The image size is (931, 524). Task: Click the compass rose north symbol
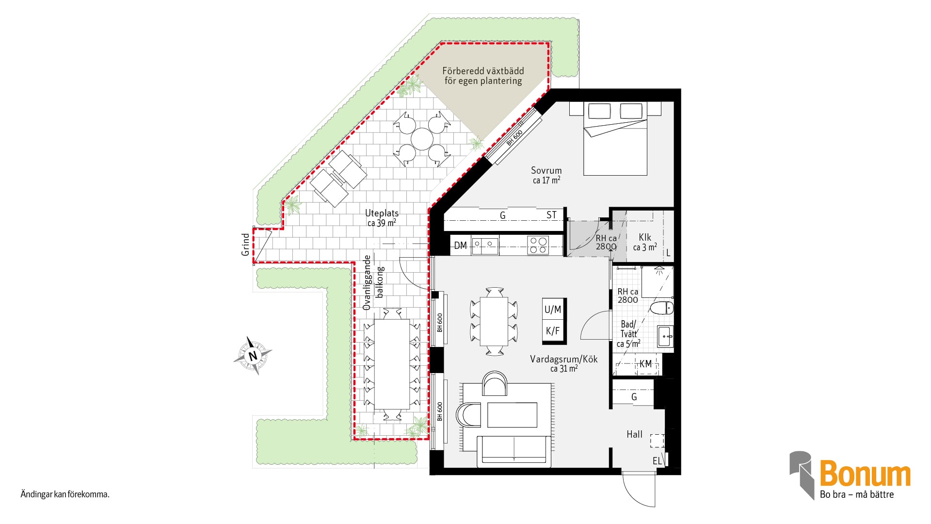tap(253, 356)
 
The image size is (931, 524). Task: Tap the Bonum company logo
tap(850, 475)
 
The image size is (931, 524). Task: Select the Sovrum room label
tap(546, 170)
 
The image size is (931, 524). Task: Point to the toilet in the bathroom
tap(661, 308)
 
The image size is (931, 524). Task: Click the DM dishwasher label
tap(460, 246)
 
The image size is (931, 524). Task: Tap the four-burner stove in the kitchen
tap(538, 245)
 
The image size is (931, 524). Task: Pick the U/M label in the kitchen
tap(553, 310)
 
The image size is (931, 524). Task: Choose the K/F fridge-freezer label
tap(553, 331)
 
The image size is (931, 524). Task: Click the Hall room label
tap(634, 434)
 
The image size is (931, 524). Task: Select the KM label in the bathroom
tap(645, 364)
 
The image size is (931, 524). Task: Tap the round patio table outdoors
tap(422, 139)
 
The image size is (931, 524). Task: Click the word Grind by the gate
tap(245, 245)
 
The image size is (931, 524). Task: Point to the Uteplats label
tap(382, 213)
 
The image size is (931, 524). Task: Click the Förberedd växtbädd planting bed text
tap(483, 76)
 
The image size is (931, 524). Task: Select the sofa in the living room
tap(514, 451)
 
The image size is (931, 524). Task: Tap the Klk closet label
tap(645, 237)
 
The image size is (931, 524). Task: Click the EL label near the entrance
tap(657, 461)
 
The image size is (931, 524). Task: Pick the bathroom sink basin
tap(665, 336)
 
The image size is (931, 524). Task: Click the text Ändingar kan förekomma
tap(65, 494)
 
